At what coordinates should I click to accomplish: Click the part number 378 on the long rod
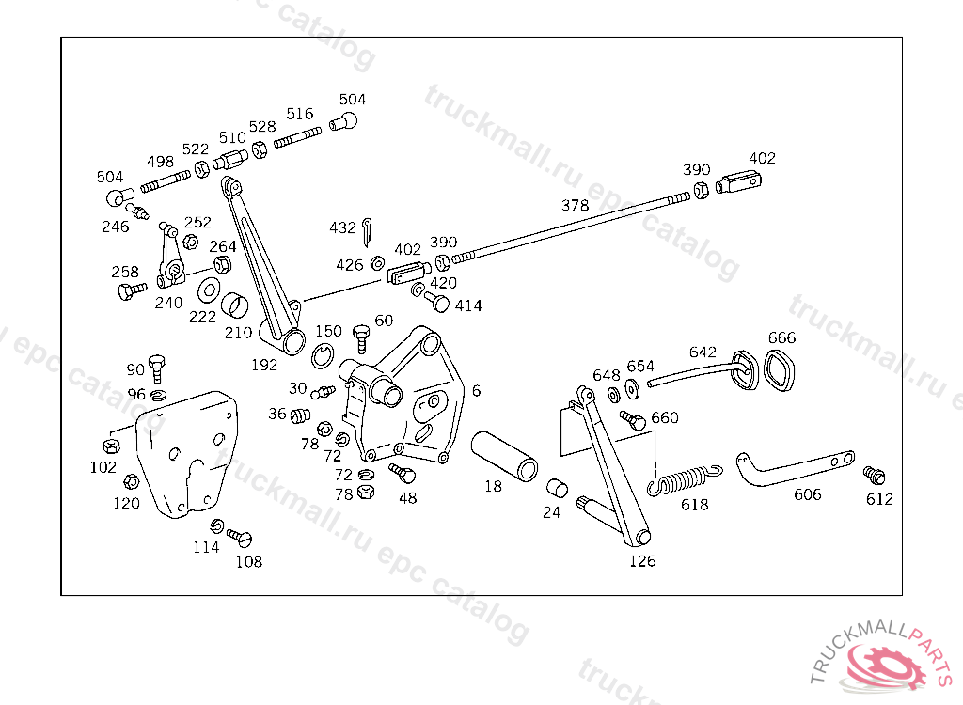[x=575, y=205]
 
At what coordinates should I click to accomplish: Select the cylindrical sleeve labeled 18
[x=504, y=456]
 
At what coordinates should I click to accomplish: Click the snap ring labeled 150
[x=323, y=355]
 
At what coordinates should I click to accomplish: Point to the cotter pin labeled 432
[x=367, y=232]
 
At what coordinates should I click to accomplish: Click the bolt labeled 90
[x=157, y=368]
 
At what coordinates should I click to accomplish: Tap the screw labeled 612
[x=874, y=475]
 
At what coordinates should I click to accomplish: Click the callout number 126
[x=642, y=560]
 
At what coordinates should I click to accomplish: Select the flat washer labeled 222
[x=210, y=290]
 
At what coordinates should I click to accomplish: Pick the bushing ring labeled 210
[x=234, y=305]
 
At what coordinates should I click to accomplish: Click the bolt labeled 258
[x=132, y=290]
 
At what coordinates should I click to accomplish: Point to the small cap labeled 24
[x=557, y=488]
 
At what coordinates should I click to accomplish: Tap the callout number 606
[x=807, y=494]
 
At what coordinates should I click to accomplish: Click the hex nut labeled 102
[x=111, y=446]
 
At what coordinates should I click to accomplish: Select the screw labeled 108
[x=240, y=537]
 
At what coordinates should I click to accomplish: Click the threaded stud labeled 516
[x=297, y=137]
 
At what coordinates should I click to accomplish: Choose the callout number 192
[x=264, y=365]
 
